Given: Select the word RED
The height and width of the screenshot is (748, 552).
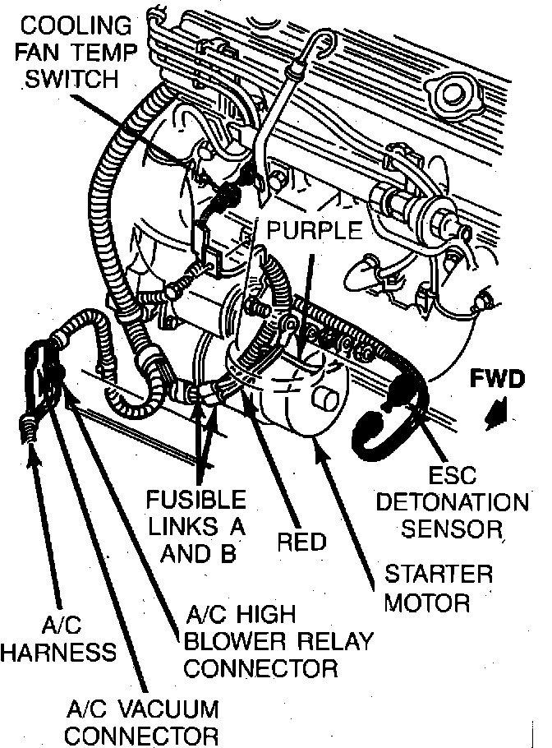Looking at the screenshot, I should pos(301,542).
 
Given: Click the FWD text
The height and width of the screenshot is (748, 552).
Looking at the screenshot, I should pos(497,379).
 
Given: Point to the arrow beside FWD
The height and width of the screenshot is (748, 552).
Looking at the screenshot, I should pos(497,413).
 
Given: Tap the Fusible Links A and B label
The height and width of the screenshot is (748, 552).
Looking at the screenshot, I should pos(195,526).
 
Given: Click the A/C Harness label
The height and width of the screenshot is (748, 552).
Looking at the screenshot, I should pos(57,639).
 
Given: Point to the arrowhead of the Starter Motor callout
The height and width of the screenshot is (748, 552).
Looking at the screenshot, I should pos(316,445).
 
